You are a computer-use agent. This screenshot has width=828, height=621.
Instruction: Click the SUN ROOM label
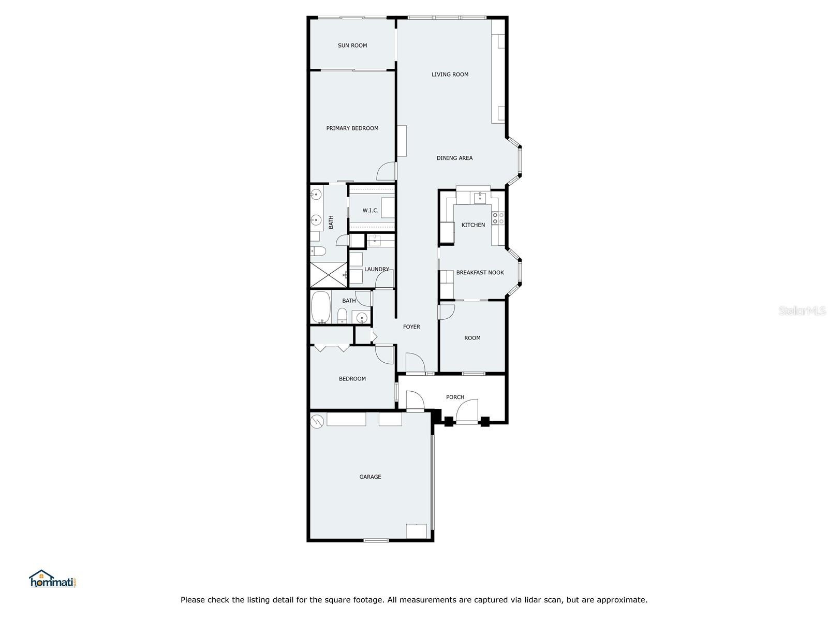pyautogui.click(x=352, y=46)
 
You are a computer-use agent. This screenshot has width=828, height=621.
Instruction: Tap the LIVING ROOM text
pyautogui.click(x=450, y=75)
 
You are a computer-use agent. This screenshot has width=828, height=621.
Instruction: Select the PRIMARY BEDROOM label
pyautogui.click(x=352, y=128)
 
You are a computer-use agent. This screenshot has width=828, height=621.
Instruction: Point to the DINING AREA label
pyautogui.click(x=454, y=158)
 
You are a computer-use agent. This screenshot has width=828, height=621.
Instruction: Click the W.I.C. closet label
pyautogui.click(x=370, y=211)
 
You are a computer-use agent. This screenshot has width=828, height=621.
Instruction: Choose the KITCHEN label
pyautogui.click(x=473, y=225)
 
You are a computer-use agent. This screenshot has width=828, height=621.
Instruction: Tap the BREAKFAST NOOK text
pyautogui.click(x=480, y=272)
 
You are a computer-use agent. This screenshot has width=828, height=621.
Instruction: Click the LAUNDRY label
pyautogui.click(x=376, y=269)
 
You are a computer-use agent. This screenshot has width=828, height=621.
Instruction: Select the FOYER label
pyautogui.click(x=411, y=327)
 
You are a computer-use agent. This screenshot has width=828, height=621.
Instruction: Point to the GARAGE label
pyautogui.click(x=370, y=477)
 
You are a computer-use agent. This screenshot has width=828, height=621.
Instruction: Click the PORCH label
pyautogui.click(x=455, y=397)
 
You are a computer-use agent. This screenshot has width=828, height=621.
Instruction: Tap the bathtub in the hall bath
pyautogui.click(x=321, y=307)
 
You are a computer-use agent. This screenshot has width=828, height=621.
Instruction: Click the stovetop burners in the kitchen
pyautogui.click(x=498, y=218)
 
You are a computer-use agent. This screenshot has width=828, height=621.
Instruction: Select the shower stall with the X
pyautogui.click(x=328, y=274)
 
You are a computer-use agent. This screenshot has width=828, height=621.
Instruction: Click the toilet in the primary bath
pyautogui.click(x=318, y=251)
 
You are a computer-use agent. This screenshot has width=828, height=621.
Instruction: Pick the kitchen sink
pyautogui.click(x=480, y=198)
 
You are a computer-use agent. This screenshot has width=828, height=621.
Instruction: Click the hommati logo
pyautogui.click(x=53, y=579)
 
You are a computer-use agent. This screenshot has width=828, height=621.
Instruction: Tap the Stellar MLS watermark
pyautogui.click(x=802, y=310)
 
